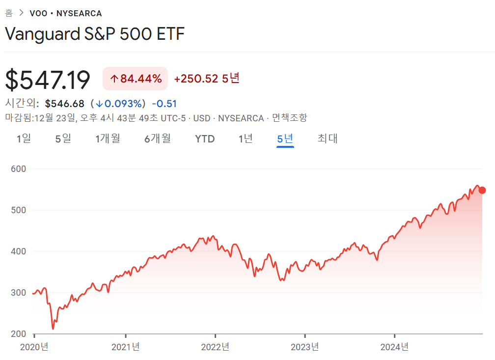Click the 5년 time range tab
285,139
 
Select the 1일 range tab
24,139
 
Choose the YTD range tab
205,139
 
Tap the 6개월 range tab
158,139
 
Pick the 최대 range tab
328,139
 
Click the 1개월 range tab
108,139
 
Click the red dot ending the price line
482,190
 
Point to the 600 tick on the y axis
18,168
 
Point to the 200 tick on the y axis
18,334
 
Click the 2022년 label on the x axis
215,347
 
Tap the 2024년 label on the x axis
394,347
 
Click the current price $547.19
48,80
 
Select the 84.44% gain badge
136,79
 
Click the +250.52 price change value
196,79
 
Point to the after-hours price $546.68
64,104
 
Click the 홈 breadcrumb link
9,13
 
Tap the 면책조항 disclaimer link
289,118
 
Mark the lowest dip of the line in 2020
53,328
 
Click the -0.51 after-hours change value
164,104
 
